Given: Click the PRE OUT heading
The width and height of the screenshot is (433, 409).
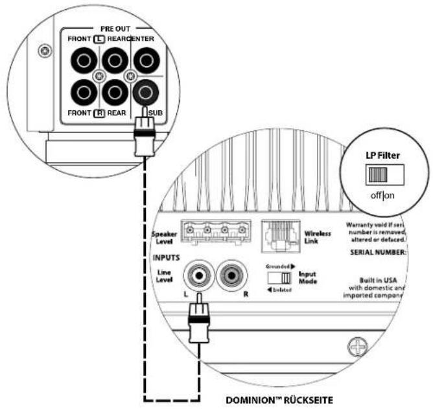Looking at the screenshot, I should (x=115, y=29).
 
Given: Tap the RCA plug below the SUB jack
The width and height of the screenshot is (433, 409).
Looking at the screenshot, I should (x=145, y=137).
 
